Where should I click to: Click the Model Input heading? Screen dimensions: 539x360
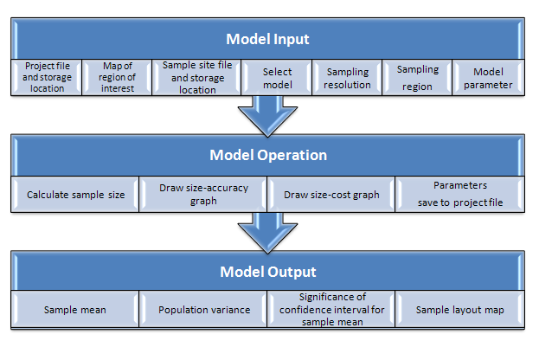(267, 39)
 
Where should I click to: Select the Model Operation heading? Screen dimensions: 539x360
(268, 155)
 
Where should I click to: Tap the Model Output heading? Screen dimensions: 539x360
(268, 272)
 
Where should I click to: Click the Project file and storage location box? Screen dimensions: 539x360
(47, 77)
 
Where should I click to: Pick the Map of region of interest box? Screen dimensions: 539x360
(117, 77)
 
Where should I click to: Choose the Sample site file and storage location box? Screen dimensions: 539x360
(196, 77)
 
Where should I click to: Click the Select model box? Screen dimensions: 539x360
(277, 77)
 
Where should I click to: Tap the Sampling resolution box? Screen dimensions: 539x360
(347, 77)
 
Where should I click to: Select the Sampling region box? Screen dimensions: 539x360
(417, 77)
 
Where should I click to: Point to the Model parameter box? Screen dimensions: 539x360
(489, 77)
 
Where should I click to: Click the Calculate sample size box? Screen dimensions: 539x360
(75, 194)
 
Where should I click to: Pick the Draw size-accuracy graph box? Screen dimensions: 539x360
(203, 194)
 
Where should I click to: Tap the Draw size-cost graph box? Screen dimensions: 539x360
(331, 194)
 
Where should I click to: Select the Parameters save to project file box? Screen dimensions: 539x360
(460, 194)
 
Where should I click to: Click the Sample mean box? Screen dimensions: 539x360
(75, 309)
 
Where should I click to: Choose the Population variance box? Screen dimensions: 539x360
(203, 309)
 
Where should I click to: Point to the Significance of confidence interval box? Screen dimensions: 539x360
(331, 309)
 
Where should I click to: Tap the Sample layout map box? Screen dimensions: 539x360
(460, 309)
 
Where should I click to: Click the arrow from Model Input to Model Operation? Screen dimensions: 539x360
(268, 116)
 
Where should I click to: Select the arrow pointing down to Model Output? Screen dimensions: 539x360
(268, 233)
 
